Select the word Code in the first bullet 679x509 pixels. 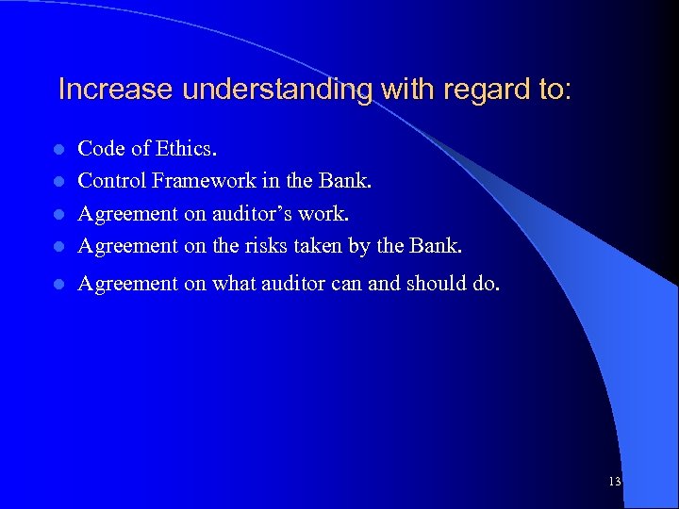[x=98, y=149]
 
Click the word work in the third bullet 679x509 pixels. [x=325, y=214]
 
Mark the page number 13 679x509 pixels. [x=615, y=482]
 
